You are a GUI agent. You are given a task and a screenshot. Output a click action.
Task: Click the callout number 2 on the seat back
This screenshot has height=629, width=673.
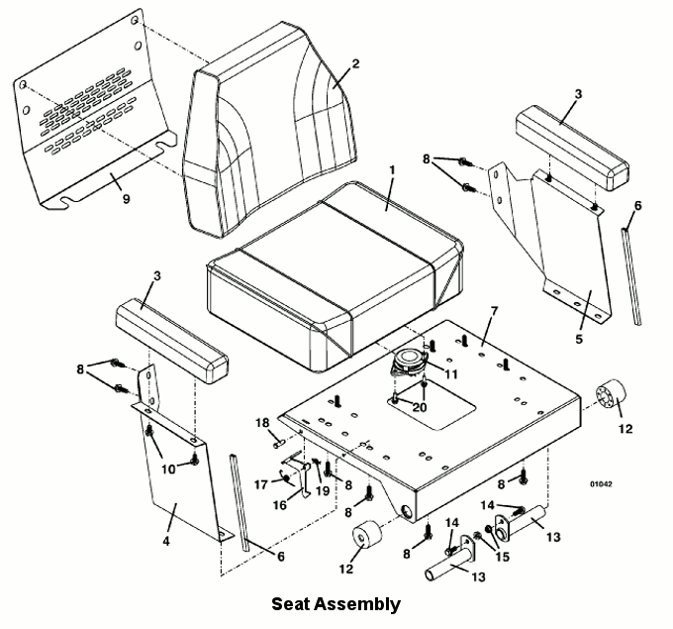click(x=355, y=64)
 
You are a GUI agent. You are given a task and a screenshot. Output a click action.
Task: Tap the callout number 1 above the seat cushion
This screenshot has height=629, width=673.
click(x=392, y=170)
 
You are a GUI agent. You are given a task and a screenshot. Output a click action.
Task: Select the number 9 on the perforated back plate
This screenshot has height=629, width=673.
click(x=126, y=199)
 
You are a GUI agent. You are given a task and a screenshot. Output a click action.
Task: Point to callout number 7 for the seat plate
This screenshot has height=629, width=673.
click(x=494, y=311)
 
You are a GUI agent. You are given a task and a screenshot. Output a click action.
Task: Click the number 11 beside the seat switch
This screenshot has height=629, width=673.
click(x=451, y=374)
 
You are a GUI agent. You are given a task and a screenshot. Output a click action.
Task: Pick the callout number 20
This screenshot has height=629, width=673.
click(x=420, y=407)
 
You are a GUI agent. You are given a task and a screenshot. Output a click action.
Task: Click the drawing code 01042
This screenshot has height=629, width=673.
click(x=601, y=484)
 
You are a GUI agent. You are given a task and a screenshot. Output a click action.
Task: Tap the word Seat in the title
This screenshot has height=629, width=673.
click(x=290, y=603)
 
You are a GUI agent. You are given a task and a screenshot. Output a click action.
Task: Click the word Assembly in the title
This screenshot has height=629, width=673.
click(x=356, y=604)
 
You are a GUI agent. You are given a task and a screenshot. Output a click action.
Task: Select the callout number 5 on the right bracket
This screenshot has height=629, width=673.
click(x=579, y=339)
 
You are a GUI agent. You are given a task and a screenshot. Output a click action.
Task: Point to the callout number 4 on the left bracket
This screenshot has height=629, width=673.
click(x=166, y=541)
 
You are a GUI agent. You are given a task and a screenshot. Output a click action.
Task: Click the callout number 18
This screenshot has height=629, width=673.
click(x=262, y=423)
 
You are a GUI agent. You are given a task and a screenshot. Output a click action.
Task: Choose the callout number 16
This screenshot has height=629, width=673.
click(x=280, y=505)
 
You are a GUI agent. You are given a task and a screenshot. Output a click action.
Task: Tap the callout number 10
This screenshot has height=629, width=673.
click(x=168, y=470)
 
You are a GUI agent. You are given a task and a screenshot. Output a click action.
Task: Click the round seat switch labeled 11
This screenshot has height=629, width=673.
click(x=409, y=360)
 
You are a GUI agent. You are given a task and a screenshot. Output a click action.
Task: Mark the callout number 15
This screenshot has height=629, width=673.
click(x=502, y=557)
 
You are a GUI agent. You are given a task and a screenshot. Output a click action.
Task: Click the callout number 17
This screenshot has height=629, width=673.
click(x=261, y=484)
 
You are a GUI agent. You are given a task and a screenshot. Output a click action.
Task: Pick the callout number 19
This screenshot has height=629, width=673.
click(x=323, y=490)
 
